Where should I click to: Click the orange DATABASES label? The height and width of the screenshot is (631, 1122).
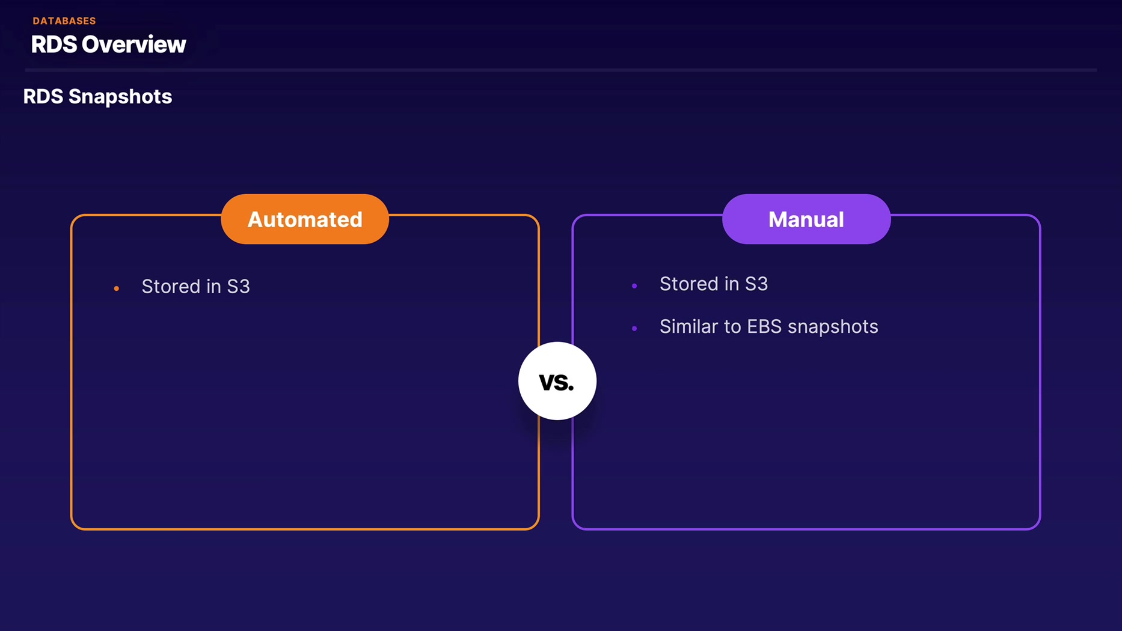point(64,21)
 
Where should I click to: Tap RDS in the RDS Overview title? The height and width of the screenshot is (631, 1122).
point(54,44)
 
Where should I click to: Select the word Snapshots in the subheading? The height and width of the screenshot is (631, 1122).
point(120,97)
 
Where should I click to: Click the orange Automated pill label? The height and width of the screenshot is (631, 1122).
point(305,219)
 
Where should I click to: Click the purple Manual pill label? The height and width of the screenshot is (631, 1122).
point(806,219)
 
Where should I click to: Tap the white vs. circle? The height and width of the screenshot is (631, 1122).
point(557,381)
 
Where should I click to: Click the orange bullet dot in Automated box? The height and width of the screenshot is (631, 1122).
point(117,289)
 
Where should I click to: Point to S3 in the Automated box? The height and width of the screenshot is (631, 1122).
point(238,287)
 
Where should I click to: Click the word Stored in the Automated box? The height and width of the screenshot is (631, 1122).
point(171,287)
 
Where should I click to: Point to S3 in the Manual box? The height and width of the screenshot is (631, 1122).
point(756,284)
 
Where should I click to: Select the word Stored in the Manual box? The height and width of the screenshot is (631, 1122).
point(689,284)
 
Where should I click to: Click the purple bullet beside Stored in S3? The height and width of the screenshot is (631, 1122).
point(634,286)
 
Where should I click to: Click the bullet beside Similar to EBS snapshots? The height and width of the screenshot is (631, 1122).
point(634,328)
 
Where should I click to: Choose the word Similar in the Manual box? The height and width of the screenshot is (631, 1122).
point(688,326)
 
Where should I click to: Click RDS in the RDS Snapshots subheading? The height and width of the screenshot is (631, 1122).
point(43,97)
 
